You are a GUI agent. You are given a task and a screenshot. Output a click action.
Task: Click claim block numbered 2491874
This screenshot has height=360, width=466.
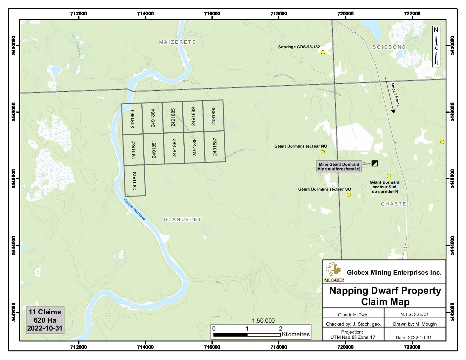[135, 180]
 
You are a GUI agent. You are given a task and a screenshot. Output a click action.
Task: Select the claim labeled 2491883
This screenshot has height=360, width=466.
[132, 119]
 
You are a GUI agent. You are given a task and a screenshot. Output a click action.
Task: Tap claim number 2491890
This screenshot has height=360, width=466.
[213, 115]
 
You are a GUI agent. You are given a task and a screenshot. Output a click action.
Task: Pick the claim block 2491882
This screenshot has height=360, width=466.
[174, 148]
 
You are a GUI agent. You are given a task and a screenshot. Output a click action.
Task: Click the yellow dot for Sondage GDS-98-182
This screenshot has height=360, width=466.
[323, 52]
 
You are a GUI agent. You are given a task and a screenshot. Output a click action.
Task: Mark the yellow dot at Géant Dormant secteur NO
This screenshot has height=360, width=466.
[323, 152]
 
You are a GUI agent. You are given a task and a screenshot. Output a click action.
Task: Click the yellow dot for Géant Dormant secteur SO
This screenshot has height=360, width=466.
[349, 195]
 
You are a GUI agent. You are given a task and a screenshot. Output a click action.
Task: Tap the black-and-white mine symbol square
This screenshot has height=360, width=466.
[374, 163]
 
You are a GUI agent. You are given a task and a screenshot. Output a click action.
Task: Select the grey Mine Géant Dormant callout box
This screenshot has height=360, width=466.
[339, 166]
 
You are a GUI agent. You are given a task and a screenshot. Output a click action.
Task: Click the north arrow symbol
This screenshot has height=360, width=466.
[436, 47]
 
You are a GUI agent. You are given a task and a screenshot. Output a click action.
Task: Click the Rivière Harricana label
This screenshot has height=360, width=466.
[134, 209]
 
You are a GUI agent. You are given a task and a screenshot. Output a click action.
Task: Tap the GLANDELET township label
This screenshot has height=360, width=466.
[183, 219]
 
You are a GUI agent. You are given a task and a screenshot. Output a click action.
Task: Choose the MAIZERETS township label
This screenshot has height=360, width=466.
[177, 42]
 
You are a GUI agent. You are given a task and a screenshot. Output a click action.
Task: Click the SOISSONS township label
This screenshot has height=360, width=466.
[389, 47]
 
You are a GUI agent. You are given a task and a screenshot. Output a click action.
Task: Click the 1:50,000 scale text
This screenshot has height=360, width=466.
[263, 321]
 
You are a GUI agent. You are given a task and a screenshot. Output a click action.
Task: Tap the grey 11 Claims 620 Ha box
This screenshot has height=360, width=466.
[45, 320]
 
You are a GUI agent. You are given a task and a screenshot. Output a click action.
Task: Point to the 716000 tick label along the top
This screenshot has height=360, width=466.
[212, 14]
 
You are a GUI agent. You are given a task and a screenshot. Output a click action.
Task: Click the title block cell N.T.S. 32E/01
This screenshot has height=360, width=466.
[414, 314]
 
